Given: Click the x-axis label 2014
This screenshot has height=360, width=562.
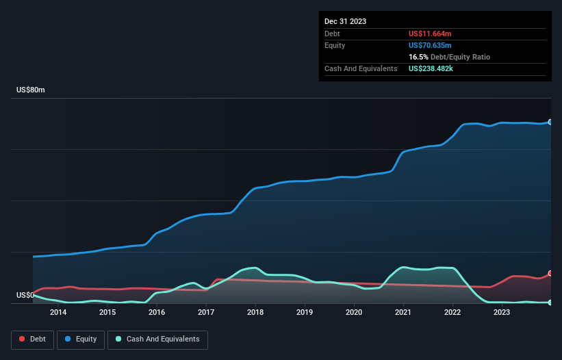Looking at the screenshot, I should tap(58, 313).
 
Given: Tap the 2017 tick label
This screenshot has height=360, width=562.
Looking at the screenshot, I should tap(206, 313).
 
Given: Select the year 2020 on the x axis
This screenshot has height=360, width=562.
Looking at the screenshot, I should tap(354, 313).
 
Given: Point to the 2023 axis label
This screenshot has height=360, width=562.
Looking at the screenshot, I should tap(502, 313).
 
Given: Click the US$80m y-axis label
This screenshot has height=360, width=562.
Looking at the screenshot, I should tap(30, 90).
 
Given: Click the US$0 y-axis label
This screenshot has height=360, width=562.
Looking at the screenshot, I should tap(25, 296).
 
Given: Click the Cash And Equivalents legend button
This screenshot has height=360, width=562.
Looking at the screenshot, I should tap(157, 339).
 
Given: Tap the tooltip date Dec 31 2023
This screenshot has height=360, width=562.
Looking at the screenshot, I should tap(345, 21).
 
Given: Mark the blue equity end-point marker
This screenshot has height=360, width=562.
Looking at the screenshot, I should tap(550, 122).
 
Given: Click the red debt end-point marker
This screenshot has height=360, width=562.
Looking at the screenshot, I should tap(550, 273).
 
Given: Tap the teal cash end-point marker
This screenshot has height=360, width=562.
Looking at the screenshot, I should tap(550, 302).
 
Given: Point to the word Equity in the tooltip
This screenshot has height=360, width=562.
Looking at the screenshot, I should tap(335, 45).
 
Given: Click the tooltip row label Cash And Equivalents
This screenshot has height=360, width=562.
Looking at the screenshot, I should tap(361, 68).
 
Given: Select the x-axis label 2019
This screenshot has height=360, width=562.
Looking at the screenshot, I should tap(305, 313).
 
